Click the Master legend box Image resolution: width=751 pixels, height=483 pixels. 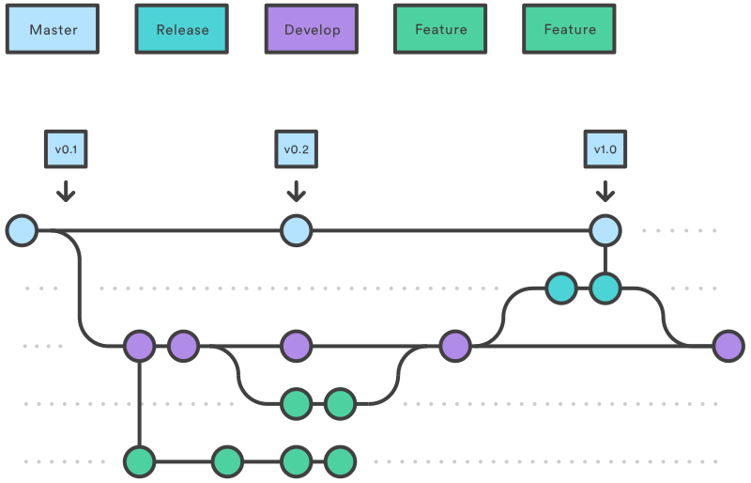[x=53, y=29]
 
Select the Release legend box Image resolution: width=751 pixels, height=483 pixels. [x=182, y=29]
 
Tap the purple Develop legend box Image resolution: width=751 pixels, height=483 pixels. [x=311, y=29]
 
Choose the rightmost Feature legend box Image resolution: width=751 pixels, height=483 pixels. [x=570, y=29]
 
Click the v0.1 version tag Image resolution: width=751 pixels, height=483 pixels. [x=65, y=148]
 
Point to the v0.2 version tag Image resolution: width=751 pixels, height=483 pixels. [x=296, y=148]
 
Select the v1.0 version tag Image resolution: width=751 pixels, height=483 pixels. [x=605, y=148]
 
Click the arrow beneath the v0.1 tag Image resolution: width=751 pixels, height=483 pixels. [x=65, y=192]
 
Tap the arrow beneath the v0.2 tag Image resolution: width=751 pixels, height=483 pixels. [x=296, y=192]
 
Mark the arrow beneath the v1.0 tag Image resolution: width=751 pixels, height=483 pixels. [x=605, y=192]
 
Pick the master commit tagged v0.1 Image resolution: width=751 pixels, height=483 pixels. [x=22, y=230]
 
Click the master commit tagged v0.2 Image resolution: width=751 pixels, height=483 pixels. [x=296, y=230]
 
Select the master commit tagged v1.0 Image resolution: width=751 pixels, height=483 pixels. [x=605, y=230]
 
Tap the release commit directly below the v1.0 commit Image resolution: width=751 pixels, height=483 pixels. [x=605, y=288]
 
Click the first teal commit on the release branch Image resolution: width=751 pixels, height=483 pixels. [x=561, y=288]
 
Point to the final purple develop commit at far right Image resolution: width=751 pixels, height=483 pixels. [x=728, y=346]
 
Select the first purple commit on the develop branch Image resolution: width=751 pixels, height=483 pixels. [x=140, y=346]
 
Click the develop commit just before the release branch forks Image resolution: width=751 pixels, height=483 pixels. [x=455, y=346]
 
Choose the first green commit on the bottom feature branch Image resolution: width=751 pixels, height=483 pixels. [x=140, y=461]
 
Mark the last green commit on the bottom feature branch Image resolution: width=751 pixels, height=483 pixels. [x=340, y=461]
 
